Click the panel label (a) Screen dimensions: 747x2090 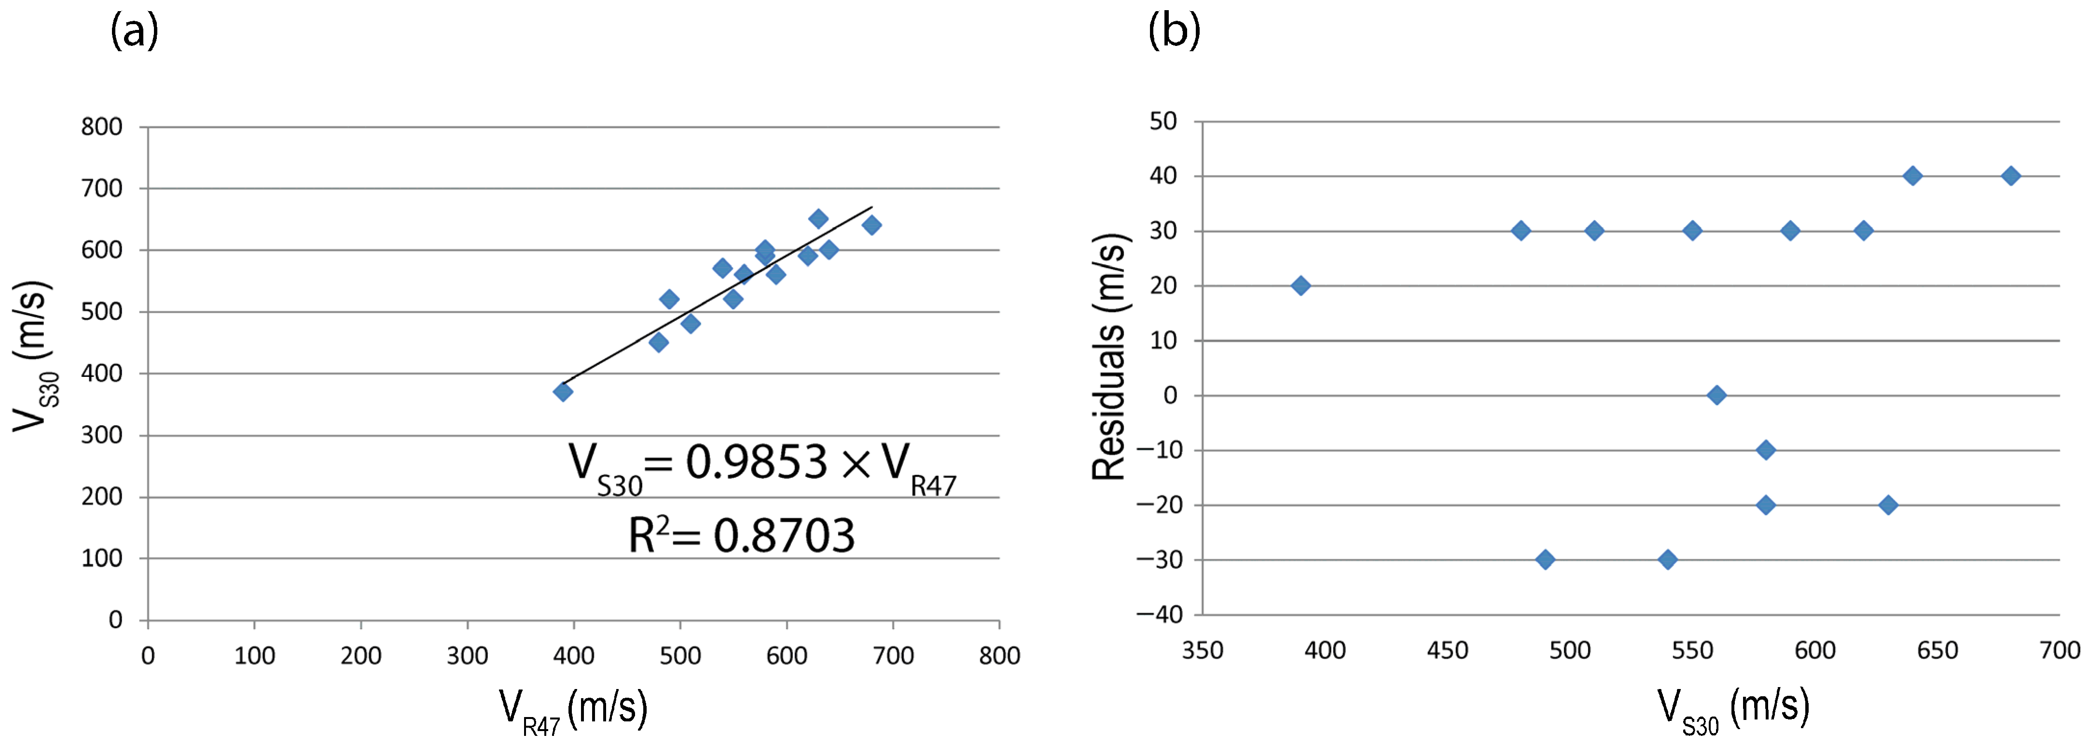134,32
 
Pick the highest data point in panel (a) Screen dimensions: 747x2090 818,218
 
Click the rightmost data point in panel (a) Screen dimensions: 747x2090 872,225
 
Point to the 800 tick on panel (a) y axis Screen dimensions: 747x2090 101,127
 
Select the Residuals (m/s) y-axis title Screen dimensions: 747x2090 1108,357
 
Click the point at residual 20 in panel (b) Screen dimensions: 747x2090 1301,285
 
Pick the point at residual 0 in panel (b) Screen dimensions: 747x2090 1717,395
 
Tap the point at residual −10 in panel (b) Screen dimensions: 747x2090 1765,450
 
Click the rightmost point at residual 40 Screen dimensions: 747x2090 2010,175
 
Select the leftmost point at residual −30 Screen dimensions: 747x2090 1546,560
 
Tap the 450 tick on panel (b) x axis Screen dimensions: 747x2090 1447,650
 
